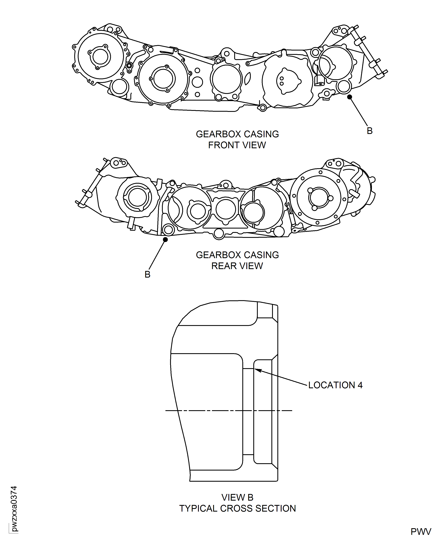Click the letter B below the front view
coord(369,131)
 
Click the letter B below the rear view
coord(147,274)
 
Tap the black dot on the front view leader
coord(349,97)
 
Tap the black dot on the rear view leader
coord(165,239)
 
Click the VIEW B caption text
coord(237,497)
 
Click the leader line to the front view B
coord(359,112)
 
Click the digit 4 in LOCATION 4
coord(360,385)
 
